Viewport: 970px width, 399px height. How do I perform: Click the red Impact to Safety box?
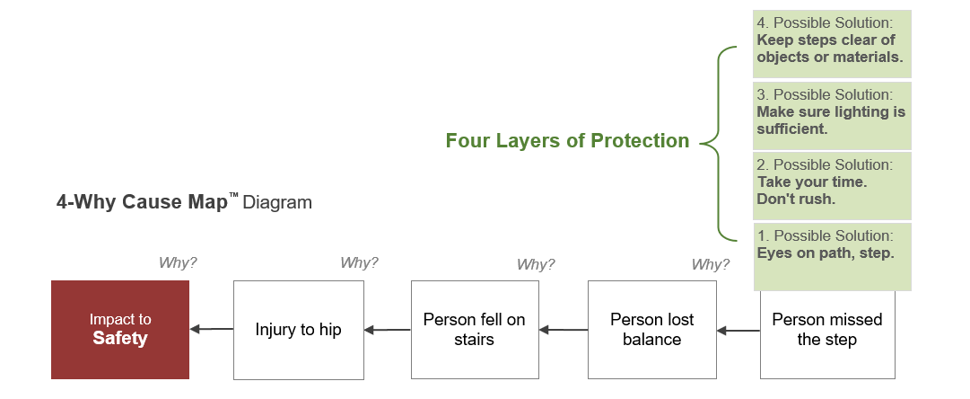(120, 330)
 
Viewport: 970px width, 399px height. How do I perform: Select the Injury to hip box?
(298, 330)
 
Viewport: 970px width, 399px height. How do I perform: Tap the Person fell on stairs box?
(475, 330)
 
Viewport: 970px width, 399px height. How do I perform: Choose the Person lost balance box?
(652, 330)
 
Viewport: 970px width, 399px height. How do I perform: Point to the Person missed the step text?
(827, 330)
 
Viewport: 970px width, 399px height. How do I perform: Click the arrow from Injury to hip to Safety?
(212, 330)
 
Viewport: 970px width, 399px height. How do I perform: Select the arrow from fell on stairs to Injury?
(388, 330)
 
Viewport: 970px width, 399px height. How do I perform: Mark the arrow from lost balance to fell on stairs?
(564, 330)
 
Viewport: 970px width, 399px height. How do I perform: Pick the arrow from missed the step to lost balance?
(738, 330)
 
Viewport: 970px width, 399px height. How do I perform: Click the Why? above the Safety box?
(178, 262)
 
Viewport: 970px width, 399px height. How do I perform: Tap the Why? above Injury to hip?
(360, 262)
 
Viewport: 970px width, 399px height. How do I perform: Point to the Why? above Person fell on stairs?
(536, 264)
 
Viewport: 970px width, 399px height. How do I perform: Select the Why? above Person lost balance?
(711, 264)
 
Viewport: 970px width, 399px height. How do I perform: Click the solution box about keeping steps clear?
(832, 44)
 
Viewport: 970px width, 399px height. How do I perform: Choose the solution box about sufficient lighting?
(832, 116)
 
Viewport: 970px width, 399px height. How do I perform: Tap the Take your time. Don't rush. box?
(832, 186)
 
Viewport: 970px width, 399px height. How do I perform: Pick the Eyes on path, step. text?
(826, 253)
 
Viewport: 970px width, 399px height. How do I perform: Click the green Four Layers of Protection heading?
(567, 141)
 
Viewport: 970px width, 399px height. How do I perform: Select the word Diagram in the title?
(277, 202)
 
